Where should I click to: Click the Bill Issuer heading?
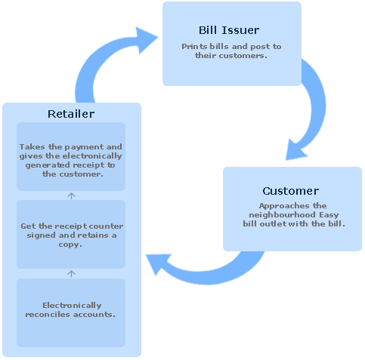tap(229, 30)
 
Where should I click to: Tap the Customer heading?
tap(291, 191)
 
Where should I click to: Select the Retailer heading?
tap(71, 114)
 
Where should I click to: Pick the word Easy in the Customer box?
tap(329, 215)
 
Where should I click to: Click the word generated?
tap(48, 165)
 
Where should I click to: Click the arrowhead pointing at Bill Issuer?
tap(145, 39)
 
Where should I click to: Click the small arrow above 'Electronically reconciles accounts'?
tap(71, 273)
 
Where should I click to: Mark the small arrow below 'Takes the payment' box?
tap(71, 195)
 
